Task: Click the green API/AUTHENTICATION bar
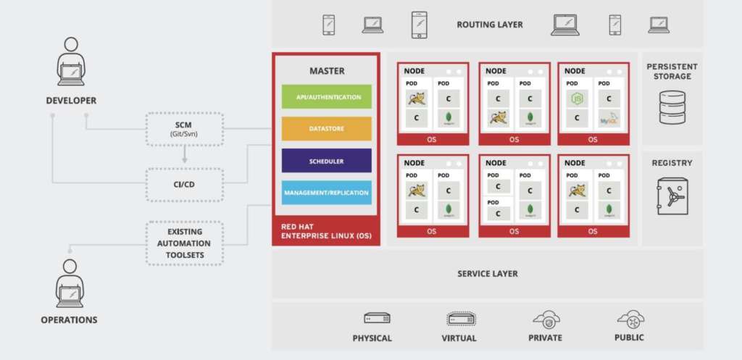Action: [326, 96]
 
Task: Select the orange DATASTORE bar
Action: [326, 128]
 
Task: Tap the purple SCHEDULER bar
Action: [326, 161]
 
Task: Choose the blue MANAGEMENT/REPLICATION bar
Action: [326, 192]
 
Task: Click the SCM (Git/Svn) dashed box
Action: [184, 129]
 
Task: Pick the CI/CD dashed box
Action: [184, 184]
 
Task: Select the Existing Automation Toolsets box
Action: [184, 243]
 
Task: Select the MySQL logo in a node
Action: [607, 117]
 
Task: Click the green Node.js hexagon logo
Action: [577, 99]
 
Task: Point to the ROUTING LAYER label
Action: [490, 25]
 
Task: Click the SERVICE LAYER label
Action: [487, 274]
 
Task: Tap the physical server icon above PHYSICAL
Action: [377, 318]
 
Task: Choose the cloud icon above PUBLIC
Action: [630, 318]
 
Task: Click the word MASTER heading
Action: [327, 71]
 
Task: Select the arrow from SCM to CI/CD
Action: [184, 154]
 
